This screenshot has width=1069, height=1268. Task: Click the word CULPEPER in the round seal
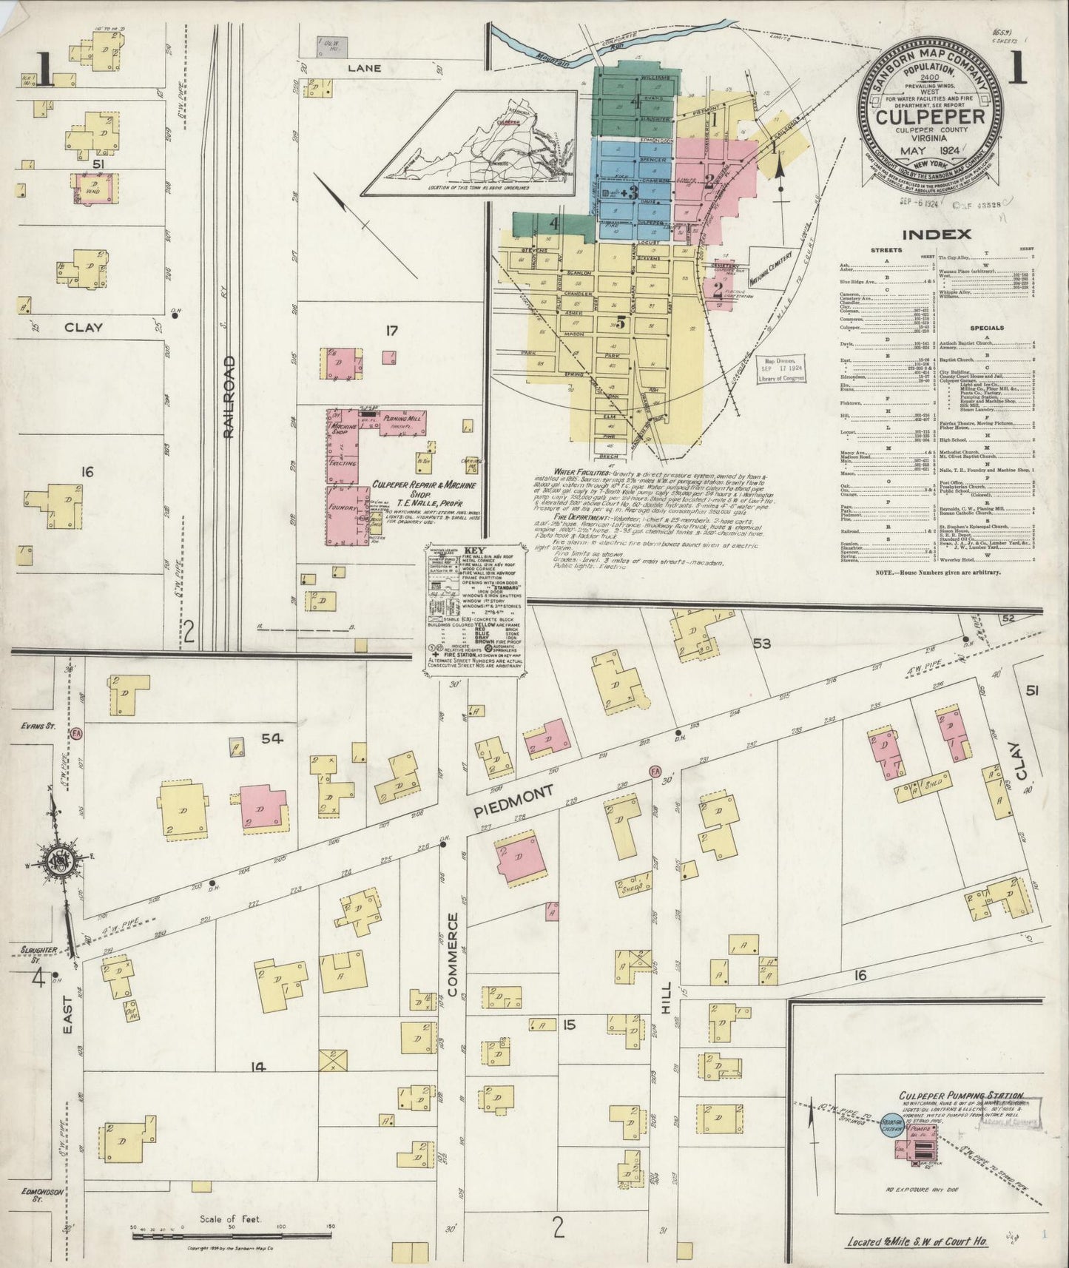point(930,117)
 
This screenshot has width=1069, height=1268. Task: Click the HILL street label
point(665,994)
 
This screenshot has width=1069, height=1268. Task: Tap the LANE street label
point(364,68)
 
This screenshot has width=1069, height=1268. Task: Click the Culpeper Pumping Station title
point(960,1095)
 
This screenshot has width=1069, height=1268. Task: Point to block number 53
point(762,644)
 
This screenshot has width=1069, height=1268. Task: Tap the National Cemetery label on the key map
point(772,267)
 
